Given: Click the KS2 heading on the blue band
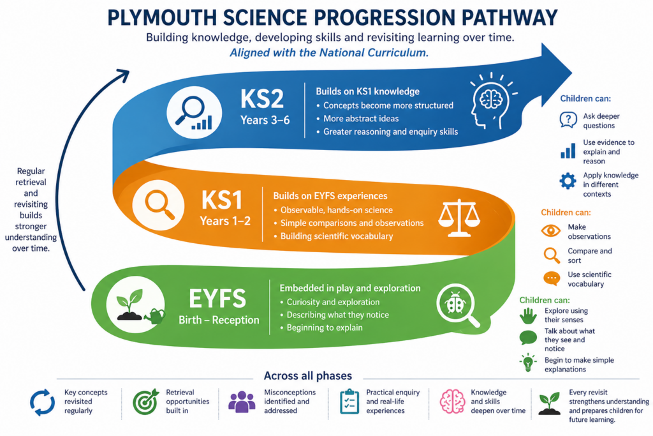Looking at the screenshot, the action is pyautogui.click(x=262, y=99).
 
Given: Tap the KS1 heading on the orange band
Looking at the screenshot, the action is pyautogui.click(x=222, y=200).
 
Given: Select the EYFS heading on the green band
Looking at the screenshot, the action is pyautogui.click(x=217, y=299).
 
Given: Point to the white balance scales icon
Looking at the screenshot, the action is pyautogui.click(x=459, y=218).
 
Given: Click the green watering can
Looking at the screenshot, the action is pyautogui.click(x=155, y=317).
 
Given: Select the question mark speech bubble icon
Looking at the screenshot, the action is pyautogui.click(x=568, y=120).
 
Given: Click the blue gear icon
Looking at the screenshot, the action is pyautogui.click(x=568, y=181).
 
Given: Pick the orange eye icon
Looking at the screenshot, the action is pyautogui.click(x=550, y=230).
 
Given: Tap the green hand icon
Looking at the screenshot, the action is pyautogui.click(x=528, y=316).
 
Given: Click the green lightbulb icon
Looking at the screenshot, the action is pyautogui.click(x=527, y=362).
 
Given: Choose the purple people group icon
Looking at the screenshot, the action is pyautogui.click(x=242, y=402).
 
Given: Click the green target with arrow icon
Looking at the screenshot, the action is pyautogui.click(x=146, y=402).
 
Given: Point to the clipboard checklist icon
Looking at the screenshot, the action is pyautogui.click(x=349, y=402).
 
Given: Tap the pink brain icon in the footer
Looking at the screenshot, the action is pyautogui.click(x=452, y=402).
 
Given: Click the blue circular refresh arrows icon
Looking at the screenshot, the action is pyautogui.click(x=43, y=403).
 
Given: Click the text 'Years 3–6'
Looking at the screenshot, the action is pyautogui.click(x=265, y=120).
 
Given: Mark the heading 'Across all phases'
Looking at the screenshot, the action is pyautogui.click(x=308, y=376).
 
